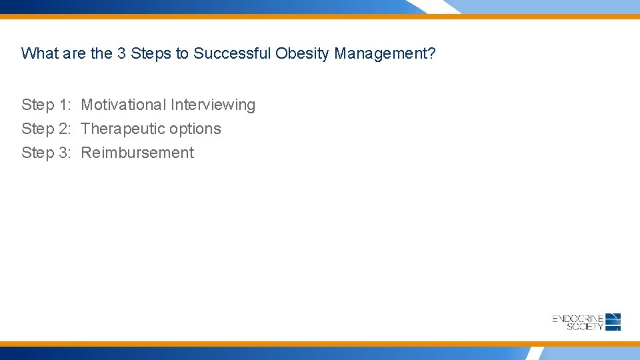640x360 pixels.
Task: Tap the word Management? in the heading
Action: pos(385,53)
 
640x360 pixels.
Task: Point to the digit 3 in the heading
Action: pos(121,53)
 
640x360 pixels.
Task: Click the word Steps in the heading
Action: pos(151,53)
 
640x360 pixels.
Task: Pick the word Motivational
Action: pos(123,105)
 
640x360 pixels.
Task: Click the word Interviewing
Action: pos(213,105)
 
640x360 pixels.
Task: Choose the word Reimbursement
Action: pos(137,153)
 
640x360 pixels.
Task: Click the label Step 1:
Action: pos(46,105)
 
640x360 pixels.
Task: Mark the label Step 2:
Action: pos(46,129)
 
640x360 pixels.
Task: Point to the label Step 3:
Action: pos(46,153)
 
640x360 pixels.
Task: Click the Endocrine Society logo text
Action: pos(578,323)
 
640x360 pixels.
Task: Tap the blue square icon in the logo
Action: pos(613,322)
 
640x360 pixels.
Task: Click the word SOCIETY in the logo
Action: pos(585,327)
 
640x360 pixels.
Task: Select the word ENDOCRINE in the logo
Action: pos(578,319)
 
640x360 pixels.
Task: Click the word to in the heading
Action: pos(182,53)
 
